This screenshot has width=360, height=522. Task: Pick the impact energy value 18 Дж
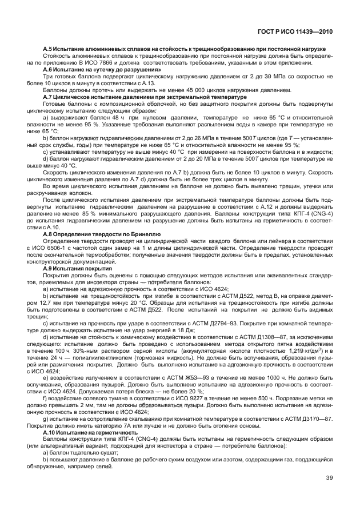point(194,331)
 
